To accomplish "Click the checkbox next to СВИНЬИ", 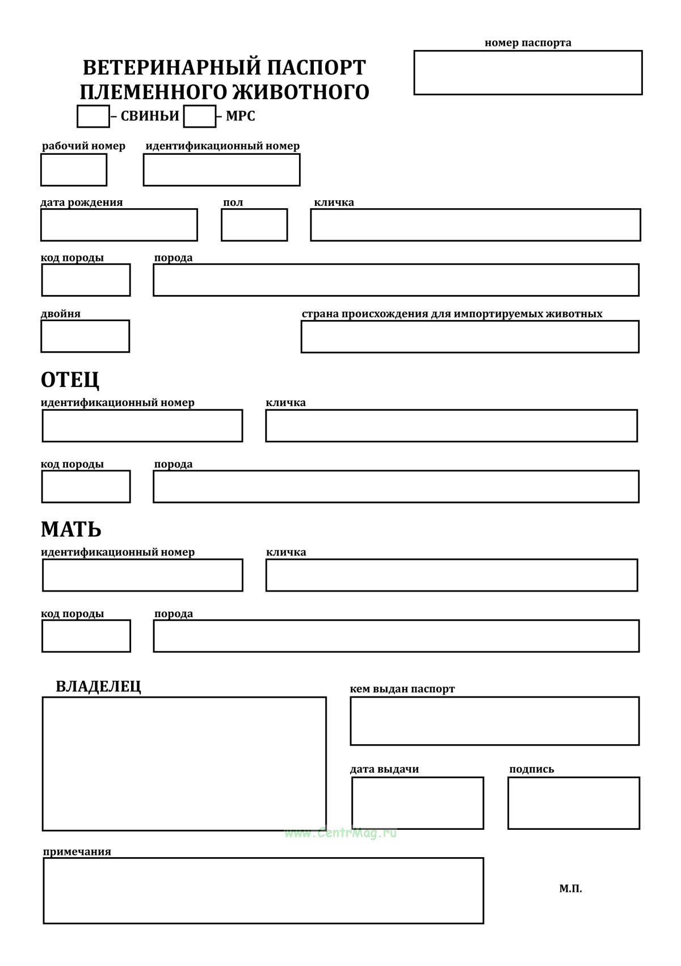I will point(93,116).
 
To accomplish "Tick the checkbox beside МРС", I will point(200,116).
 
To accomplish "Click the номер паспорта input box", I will point(528,73).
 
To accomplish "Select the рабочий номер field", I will point(74,170).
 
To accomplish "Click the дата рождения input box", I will point(119,225).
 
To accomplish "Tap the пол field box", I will point(254,225).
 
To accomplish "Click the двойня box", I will point(85,336).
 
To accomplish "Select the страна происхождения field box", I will point(470,337).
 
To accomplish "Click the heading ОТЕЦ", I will point(70,379).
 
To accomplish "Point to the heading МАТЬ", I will point(71,529).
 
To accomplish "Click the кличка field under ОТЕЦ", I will point(451,426).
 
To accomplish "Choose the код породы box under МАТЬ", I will point(86,636).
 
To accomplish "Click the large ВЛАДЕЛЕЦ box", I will point(184,764).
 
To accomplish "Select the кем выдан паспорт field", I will point(495,721).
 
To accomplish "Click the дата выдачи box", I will point(418,803).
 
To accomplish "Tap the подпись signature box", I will point(574,803).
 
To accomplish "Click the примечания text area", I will point(263,891).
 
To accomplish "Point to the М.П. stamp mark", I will point(570,889).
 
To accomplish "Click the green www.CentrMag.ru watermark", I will point(340,833).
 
